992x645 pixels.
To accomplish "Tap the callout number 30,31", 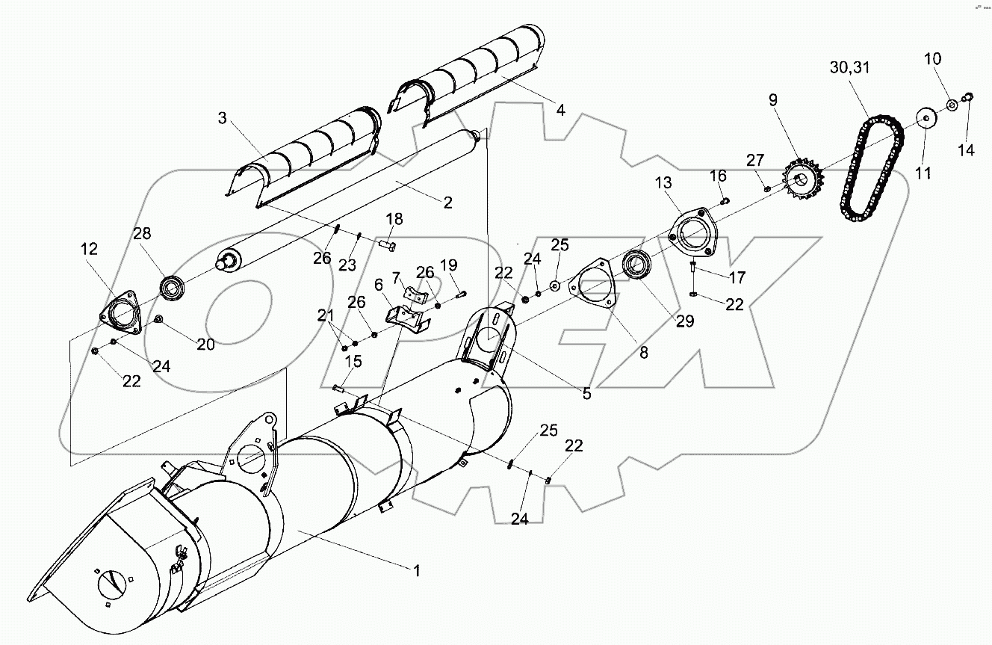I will (x=849, y=67).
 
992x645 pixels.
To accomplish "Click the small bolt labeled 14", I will (x=969, y=95).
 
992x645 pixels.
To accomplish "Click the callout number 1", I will (x=417, y=570).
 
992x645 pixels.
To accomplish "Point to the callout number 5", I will (x=586, y=393).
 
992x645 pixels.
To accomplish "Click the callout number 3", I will (x=222, y=117).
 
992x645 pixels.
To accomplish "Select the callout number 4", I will (x=561, y=109).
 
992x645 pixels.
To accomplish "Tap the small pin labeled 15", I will (x=338, y=386).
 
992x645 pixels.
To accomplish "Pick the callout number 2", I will (x=447, y=202).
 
